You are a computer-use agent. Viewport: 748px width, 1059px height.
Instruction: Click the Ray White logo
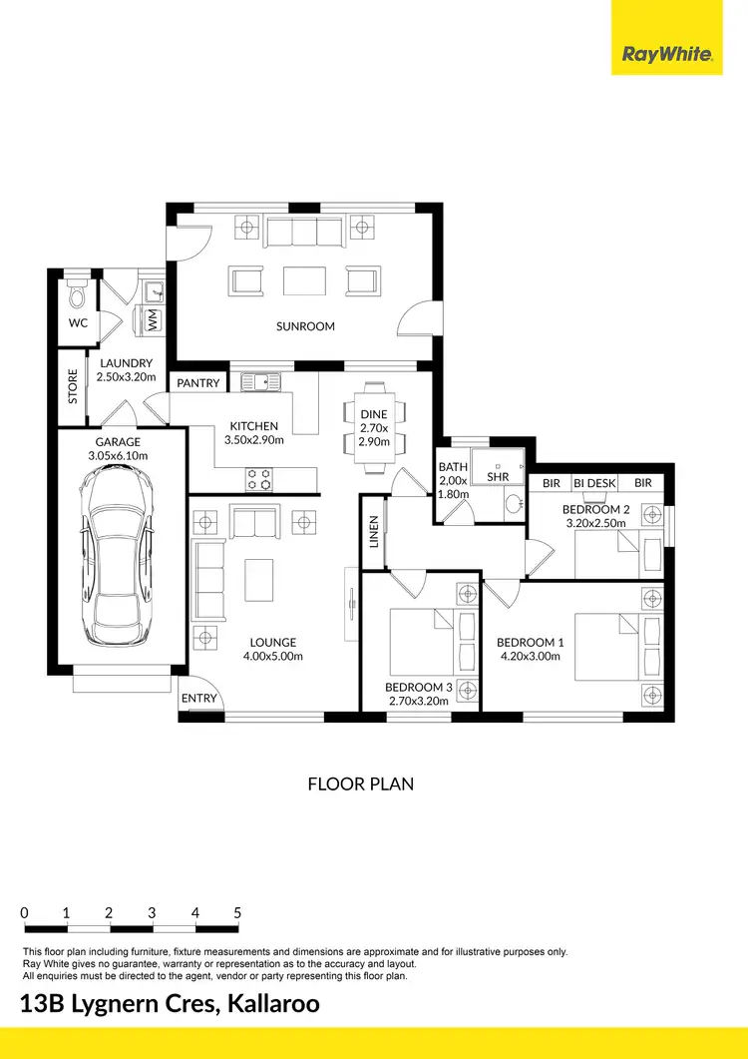[x=667, y=54]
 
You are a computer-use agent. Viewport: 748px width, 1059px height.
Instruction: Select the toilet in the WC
[x=77, y=295]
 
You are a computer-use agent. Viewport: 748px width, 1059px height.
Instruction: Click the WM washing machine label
[x=153, y=320]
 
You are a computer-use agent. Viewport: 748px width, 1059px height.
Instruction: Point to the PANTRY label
[x=197, y=383]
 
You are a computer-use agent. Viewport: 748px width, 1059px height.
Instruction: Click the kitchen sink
[x=260, y=380]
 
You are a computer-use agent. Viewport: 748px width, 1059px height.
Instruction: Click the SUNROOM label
[x=305, y=326]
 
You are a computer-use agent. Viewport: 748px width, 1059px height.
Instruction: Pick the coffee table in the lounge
[x=259, y=579]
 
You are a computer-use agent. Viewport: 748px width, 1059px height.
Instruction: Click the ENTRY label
[x=199, y=698]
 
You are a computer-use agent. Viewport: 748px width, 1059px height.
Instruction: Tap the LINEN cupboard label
[x=374, y=531]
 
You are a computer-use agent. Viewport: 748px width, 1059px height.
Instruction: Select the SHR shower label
[x=498, y=477]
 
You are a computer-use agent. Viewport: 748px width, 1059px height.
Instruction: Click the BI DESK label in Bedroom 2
[x=594, y=483]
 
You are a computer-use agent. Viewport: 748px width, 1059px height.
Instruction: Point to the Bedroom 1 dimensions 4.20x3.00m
[x=530, y=656]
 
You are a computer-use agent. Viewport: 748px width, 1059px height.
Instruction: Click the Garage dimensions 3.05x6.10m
[x=119, y=456]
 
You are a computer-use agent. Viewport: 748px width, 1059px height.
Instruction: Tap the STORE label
[x=72, y=386]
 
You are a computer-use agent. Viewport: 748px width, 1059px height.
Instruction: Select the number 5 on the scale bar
[x=237, y=912]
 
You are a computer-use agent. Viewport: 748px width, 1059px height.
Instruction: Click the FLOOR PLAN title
[x=360, y=785]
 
